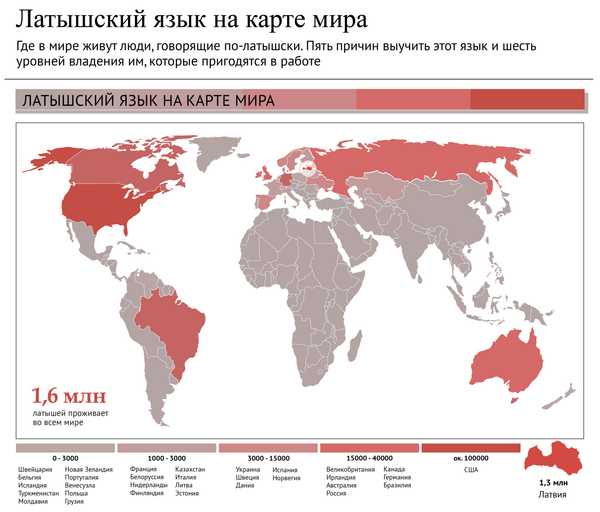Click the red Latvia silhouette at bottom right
(559, 459)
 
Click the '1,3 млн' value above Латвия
(557, 483)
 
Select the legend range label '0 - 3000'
(66, 457)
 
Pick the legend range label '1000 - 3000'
(164, 457)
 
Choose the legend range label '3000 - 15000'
(268, 457)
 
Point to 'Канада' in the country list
(394, 468)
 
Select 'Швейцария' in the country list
(36, 468)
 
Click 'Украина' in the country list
(248, 468)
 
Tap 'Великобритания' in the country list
(350, 468)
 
